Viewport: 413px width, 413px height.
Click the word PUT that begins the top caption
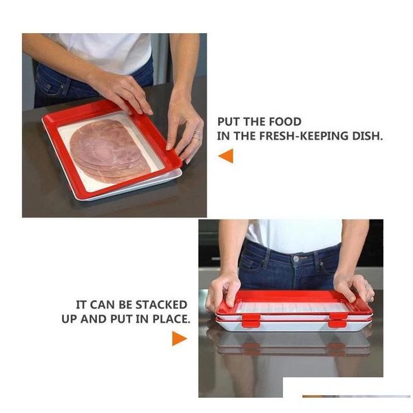pyautogui.click(x=231, y=122)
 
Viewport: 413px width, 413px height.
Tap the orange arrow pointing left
pyautogui.click(x=226, y=156)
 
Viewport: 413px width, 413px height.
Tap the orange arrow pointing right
pyautogui.click(x=179, y=338)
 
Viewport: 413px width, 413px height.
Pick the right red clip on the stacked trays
pyautogui.click(x=337, y=319)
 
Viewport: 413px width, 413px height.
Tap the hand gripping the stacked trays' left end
pyautogui.click(x=222, y=289)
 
